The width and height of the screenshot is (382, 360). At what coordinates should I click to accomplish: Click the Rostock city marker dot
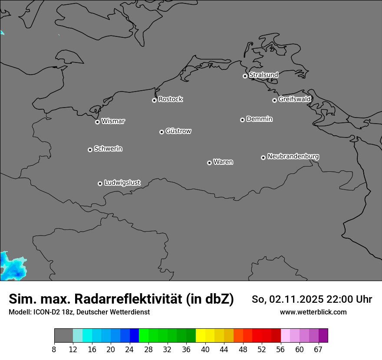pyautogui.click(x=154, y=100)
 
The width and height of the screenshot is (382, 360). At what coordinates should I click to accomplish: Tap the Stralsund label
pyautogui.click(x=263, y=75)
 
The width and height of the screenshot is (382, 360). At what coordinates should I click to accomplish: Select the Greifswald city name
pyautogui.click(x=294, y=99)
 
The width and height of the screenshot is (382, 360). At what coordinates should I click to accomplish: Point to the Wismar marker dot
pyautogui.click(x=97, y=122)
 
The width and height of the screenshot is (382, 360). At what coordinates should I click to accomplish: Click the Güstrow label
pyautogui.click(x=178, y=131)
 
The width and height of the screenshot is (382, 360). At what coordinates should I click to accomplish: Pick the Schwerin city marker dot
pyautogui.click(x=90, y=150)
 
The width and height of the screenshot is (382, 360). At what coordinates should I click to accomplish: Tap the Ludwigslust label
pyautogui.click(x=122, y=183)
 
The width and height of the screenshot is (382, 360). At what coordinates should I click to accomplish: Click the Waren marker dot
pyautogui.click(x=209, y=163)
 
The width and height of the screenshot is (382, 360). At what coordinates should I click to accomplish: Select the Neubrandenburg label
pyautogui.click(x=293, y=156)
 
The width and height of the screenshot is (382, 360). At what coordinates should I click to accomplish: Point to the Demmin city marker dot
pyautogui.click(x=242, y=120)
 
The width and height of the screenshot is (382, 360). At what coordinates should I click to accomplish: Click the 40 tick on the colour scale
pyautogui.click(x=205, y=350)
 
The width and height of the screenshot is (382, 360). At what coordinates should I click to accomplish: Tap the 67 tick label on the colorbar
pyautogui.click(x=318, y=350)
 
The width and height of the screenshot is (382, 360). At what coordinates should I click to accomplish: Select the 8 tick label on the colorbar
pyautogui.click(x=54, y=350)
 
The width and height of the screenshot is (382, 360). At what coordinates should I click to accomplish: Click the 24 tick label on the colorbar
pyautogui.click(x=130, y=350)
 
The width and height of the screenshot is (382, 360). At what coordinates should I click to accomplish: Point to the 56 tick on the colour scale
pyautogui.click(x=280, y=350)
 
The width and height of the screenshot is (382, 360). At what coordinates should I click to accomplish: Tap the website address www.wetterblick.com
pyautogui.click(x=313, y=312)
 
